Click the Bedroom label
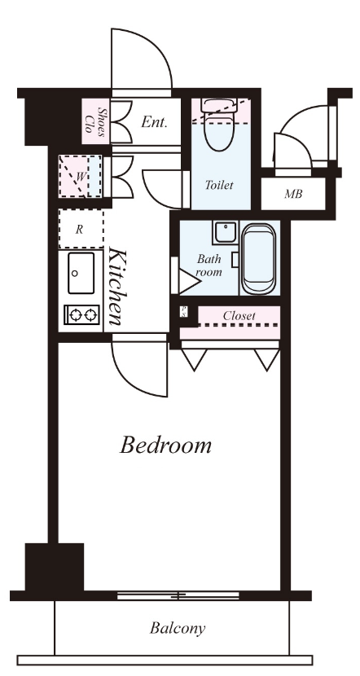click(165, 445)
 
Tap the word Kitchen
click(116, 286)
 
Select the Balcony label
click(178, 628)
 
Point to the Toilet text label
click(219, 185)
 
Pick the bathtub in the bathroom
click(259, 259)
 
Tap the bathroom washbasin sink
click(224, 232)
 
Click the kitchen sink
click(81, 273)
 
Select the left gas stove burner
click(76, 315)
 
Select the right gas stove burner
click(90, 315)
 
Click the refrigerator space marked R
click(81, 229)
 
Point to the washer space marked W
click(81, 176)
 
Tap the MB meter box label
click(293, 194)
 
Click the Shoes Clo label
click(96, 122)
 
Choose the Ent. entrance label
click(154, 122)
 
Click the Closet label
click(239, 315)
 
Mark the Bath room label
click(209, 266)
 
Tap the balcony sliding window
click(178, 596)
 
